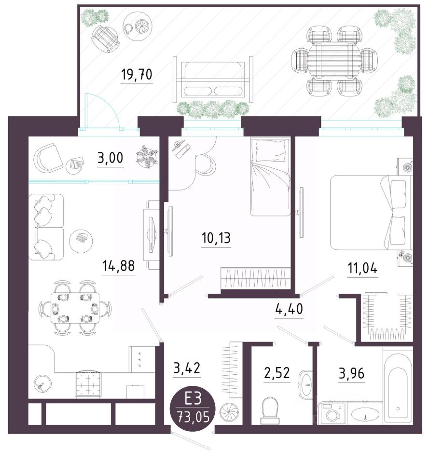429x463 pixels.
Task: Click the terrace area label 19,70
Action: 137,75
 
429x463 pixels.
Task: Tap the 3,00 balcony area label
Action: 111,158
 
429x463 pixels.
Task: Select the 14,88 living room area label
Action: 119,266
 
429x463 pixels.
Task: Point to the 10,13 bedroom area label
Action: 216,238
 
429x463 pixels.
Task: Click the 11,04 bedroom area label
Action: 362,269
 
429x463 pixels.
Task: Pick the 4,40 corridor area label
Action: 289,309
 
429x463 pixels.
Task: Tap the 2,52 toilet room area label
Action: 277,373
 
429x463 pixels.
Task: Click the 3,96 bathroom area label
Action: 352,374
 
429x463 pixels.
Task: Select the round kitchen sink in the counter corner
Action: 43,383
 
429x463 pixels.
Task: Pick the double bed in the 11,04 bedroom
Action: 371,212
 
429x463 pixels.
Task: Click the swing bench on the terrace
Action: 213,79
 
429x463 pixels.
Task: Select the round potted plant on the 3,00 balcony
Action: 146,156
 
